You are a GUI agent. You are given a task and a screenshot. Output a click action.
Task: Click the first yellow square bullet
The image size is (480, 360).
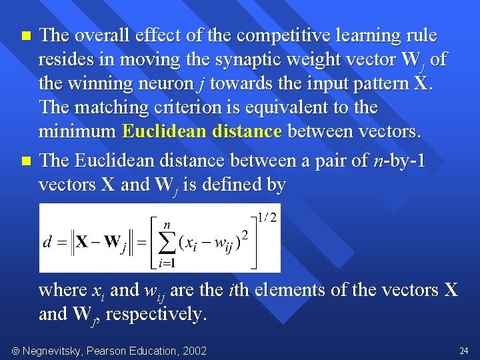pyautogui.click(x=26, y=35)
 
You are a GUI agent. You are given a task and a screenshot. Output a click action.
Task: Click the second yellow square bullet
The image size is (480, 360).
pyautogui.click(x=26, y=161)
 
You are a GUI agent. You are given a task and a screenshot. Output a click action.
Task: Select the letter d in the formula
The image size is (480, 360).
pyautogui.click(x=47, y=242)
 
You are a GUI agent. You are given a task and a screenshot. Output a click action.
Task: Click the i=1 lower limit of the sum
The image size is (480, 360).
pyautogui.click(x=167, y=263)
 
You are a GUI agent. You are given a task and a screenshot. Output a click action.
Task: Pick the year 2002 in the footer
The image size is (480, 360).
pyautogui.click(x=194, y=351)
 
